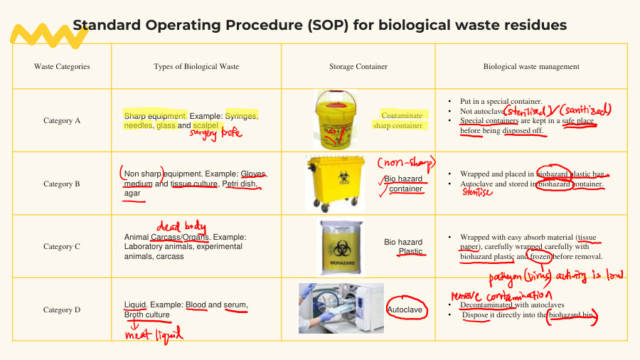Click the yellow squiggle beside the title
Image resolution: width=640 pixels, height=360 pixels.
click(x=38, y=33)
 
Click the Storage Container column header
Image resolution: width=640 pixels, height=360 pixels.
click(x=358, y=67)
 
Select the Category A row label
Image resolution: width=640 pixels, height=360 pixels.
click(x=62, y=121)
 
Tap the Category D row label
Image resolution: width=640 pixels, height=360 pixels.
click(x=62, y=309)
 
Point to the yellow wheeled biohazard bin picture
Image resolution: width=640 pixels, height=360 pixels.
click(x=331, y=183)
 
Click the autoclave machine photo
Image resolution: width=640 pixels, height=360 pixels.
click(x=341, y=308)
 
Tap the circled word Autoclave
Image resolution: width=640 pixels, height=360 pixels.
click(x=405, y=310)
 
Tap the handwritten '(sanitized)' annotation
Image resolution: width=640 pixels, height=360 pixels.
click(x=585, y=111)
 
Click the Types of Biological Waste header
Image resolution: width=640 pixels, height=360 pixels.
click(x=196, y=67)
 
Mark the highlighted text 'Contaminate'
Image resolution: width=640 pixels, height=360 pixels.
click(x=402, y=115)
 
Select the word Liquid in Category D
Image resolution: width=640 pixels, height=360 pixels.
click(x=135, y=305)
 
